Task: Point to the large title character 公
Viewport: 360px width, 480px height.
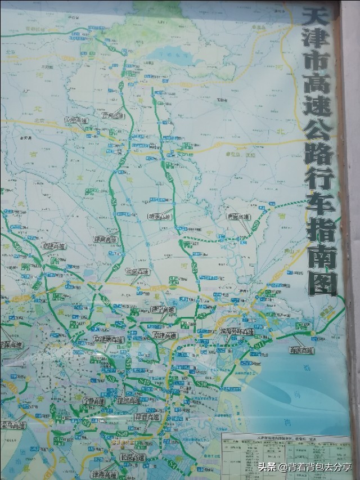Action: (321, 131)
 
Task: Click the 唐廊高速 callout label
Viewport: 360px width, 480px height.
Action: (238, 216)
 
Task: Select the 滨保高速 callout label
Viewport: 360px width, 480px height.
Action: (138, 271)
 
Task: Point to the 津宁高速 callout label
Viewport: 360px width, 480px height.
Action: (163, 310)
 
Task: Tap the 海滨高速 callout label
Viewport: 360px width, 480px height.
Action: (301, 351)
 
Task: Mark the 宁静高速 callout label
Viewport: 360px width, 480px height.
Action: (93, 401)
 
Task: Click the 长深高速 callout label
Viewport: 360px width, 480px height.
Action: (133, 457)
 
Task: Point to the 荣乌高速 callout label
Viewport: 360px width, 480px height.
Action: (13, 425)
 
